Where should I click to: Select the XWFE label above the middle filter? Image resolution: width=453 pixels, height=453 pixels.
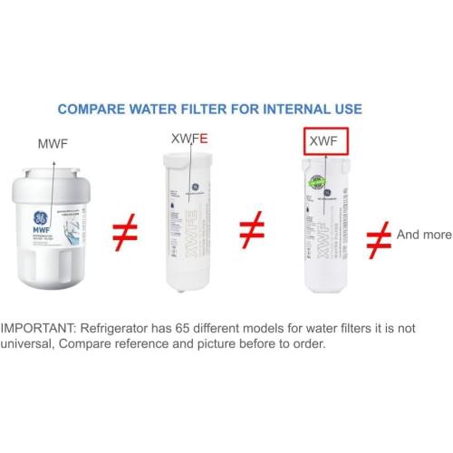(x=189, y=139)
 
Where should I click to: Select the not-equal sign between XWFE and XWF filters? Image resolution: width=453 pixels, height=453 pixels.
(x=251, y=232)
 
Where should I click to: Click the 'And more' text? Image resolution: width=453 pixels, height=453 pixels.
(x=423, y=235)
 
